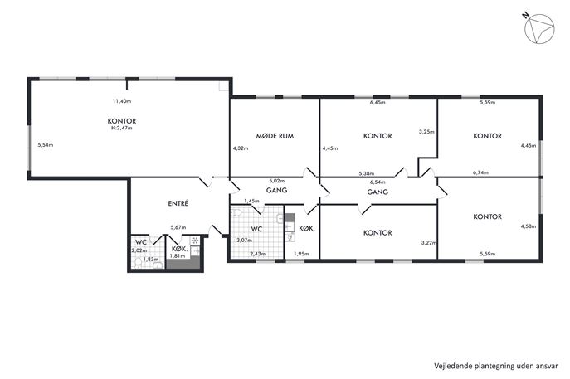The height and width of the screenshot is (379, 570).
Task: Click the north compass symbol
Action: [539, 29]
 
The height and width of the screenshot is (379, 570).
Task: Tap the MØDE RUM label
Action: [275, 136]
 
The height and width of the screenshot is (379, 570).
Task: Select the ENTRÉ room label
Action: [178, 203]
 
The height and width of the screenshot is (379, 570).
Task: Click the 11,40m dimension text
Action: [122, 101]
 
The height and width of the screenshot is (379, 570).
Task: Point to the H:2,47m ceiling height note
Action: [122, 128]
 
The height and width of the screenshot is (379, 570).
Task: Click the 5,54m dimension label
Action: [46, 145]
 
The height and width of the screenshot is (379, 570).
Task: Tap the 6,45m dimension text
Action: [378, 103]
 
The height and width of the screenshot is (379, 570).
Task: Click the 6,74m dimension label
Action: [480, 173]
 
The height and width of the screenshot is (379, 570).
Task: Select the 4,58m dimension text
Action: [529, 226]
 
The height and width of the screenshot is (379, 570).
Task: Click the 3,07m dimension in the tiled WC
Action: [244, 241]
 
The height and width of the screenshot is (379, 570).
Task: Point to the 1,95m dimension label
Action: [301, 254]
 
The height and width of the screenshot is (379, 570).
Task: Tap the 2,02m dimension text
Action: [139, 250]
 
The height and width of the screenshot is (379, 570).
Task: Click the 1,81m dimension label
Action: [178, 255]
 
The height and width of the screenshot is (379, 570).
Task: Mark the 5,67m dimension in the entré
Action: [178, 228]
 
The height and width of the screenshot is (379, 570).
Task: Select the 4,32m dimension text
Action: [241, 148]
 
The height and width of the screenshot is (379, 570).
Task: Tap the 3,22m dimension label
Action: [429, 243]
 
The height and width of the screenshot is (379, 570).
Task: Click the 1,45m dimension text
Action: [251, 201]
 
